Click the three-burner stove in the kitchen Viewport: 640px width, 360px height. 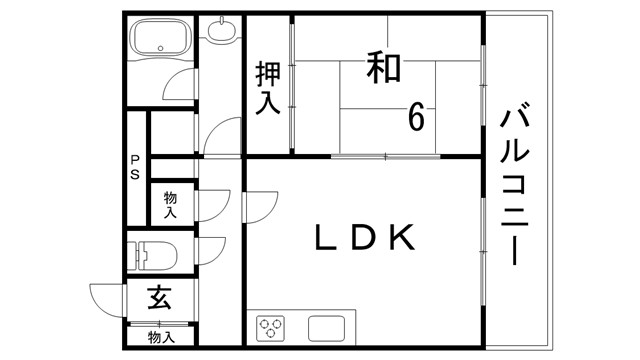click(272, 328)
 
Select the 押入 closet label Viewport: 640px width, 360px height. click(268, 87)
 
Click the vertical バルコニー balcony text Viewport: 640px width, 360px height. click(516, 184)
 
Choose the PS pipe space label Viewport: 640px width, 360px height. click(133, 168)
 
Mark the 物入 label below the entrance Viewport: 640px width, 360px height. click(160, 337)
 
